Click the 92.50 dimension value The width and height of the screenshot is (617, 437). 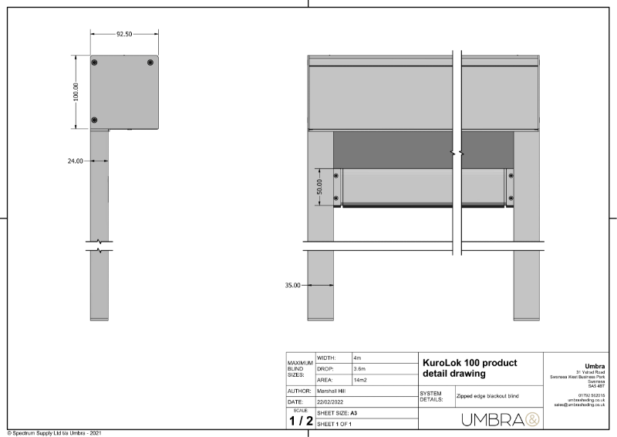(x=124, y=34)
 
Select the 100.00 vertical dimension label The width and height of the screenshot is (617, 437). (x=76, y=92)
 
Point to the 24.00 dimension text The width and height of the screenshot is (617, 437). (x=74, y=161)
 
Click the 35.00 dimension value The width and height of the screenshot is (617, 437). (x=292, y=285)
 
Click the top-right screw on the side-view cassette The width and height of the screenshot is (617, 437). (x=150, y=62)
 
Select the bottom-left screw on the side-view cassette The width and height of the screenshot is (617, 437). (x=95, y=120)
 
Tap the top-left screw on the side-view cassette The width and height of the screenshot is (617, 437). (x=95, y=62)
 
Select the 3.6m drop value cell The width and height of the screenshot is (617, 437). (x=359, y=370)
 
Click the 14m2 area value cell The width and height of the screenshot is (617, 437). (x=360, y=381)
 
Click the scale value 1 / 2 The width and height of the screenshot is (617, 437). (x=300, y=421)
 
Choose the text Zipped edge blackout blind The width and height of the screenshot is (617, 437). (x=487, y=395)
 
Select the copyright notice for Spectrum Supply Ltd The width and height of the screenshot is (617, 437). (x=54, y=433)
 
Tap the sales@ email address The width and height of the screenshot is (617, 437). (x=579, y=405)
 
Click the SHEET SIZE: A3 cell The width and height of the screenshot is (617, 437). (x=338, y=413)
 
